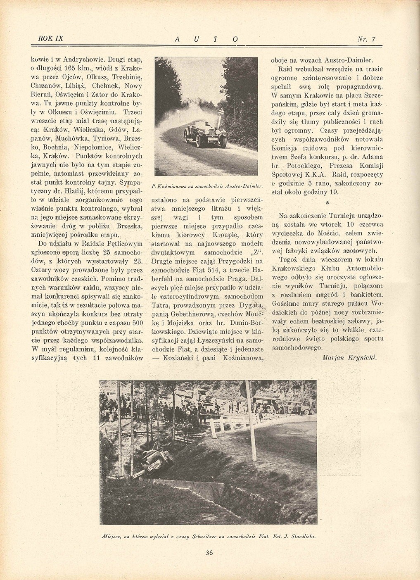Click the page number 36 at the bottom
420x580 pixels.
209,553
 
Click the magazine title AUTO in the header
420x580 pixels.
206,39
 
